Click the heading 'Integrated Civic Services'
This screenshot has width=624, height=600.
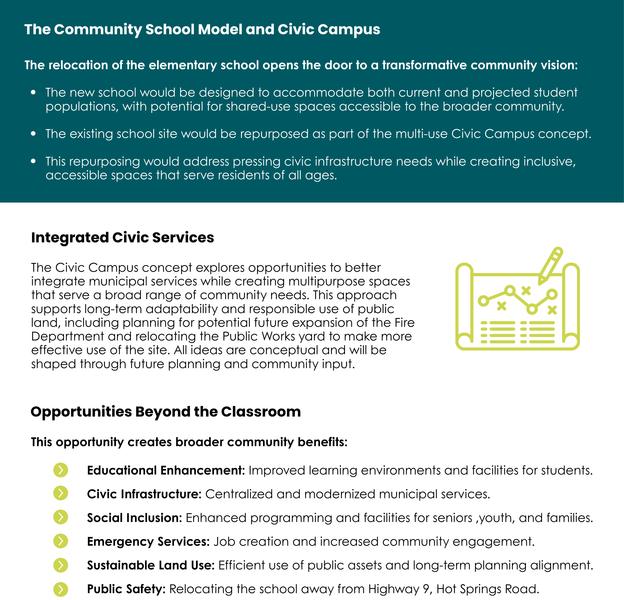[x=123, y=238]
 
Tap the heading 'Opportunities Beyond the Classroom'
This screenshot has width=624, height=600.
[x=166, y=412]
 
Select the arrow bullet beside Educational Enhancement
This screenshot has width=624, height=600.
[x=60, y=470]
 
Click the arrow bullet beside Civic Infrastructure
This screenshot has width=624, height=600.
[x=60, y=493]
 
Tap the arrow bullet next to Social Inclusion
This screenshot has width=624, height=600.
[x=60, y=517]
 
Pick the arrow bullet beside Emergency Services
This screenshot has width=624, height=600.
[x=60, y=541]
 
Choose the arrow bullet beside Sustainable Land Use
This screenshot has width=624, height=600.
[x=60, y=565]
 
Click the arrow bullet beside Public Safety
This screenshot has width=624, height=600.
[x=60, y=589]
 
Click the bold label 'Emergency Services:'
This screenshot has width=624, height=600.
[x=148, y=542]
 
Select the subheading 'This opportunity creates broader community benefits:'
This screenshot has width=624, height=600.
[x=189, y=442]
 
